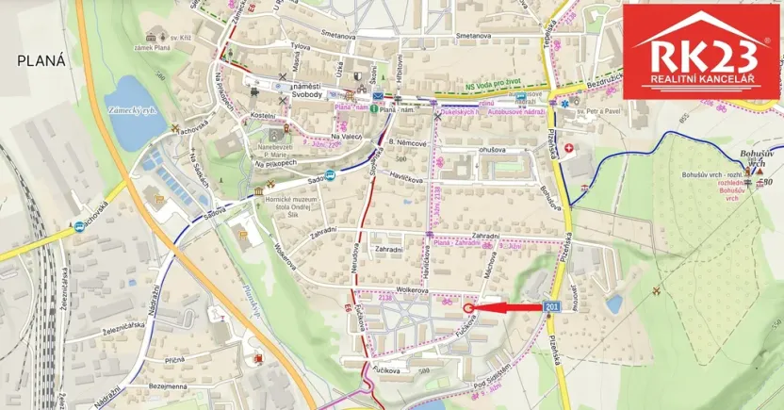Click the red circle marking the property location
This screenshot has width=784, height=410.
click(x=469, y=306)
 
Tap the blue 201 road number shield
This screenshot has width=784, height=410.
click(x=553, y=307)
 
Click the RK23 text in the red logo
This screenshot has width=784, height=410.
click(x=701, y=57)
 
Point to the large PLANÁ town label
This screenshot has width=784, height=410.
click(x=41, y=60)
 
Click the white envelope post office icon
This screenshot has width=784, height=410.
click(x=377, y=97)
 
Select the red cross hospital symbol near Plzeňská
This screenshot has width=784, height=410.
click(x=568, y=149)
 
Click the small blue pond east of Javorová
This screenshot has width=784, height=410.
click(x=614, y=303)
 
